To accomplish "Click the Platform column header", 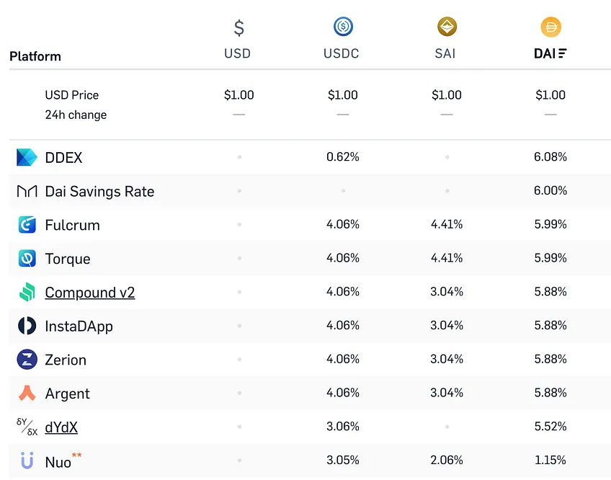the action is (x=35, y=56).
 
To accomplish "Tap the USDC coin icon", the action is (x=343, y=27).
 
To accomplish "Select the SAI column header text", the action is (x=445, y=53).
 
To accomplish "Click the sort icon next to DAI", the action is (x=562, y=53).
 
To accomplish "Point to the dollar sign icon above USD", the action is (x=239, y=27).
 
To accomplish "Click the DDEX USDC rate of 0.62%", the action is (x=343, y=156).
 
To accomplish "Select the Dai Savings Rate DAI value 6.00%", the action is (x=550, y=190).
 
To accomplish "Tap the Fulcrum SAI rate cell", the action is (x=447, y=224).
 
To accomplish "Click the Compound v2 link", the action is (x=89, y=293).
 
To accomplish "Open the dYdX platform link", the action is (x=61, y=427).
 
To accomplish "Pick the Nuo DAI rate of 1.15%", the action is (x=550, y=460).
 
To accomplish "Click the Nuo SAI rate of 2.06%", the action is (x=447, y=460).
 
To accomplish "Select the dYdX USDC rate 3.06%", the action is (x=343, y=426).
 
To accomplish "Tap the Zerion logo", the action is (x=27, y=359).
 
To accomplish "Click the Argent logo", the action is (x=27, y=393).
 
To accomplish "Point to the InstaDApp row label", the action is (x=79, y=326).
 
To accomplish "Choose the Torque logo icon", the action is (x=27, y=258).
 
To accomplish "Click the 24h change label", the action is (x=76, y=115).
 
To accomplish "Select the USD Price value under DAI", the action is (x=550, y=94).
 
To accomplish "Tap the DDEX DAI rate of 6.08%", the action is (x=550, y=156).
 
